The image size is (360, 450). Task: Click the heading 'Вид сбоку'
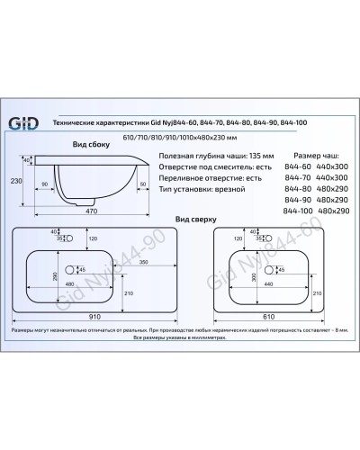92,144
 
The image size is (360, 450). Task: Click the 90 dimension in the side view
45,184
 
